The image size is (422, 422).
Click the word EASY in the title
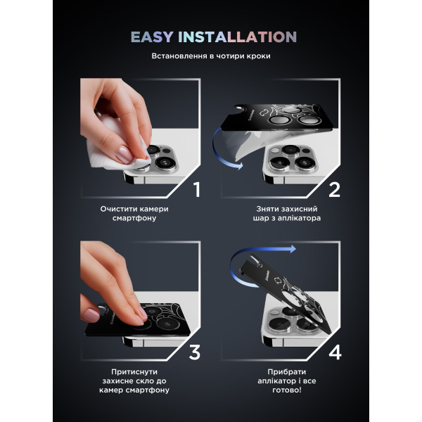[x=152, y=37]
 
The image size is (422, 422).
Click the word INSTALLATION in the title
[x=238, y=37]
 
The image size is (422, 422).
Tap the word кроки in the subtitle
[x=257, y=56]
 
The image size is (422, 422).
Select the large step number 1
[x=197, y=190]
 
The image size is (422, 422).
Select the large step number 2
[x=334, y=190]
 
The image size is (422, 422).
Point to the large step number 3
[x=195, y=352]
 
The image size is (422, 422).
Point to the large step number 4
[x=335, y=352]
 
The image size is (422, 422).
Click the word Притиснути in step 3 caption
[x=134, y=371]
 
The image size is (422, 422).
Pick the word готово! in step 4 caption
[x=287, y=390]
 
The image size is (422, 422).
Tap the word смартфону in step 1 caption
[x=134, y=218]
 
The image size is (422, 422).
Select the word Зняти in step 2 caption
[x=265, y=209]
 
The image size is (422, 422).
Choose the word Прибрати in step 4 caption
[x=287, y=371]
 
